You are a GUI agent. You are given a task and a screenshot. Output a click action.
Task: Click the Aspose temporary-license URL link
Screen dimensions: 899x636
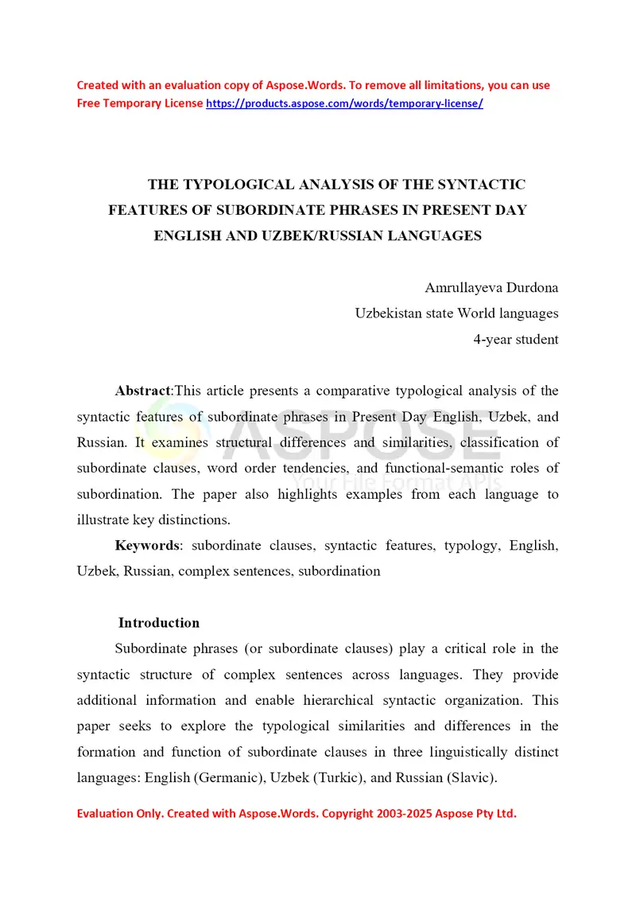pyautogui.click(x=344, y=103)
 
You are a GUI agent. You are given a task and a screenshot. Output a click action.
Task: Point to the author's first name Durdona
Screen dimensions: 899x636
pyautogui.click(x=533, y=287)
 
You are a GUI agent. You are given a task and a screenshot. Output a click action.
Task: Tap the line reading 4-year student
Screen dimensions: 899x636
pyautogui.click(x=515, y=339)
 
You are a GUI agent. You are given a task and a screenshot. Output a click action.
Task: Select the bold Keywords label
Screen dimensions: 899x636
pyautogui.click(x=148, y=546)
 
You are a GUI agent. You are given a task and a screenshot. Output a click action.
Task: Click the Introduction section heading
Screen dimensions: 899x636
pyautogui.click(x=159, y=623)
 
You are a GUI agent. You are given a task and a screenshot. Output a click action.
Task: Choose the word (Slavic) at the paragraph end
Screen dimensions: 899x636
pyautogui.click(x=471, y=777)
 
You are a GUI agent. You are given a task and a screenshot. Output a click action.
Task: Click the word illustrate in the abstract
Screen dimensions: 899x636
pyautogui.click(x=107, y=520)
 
